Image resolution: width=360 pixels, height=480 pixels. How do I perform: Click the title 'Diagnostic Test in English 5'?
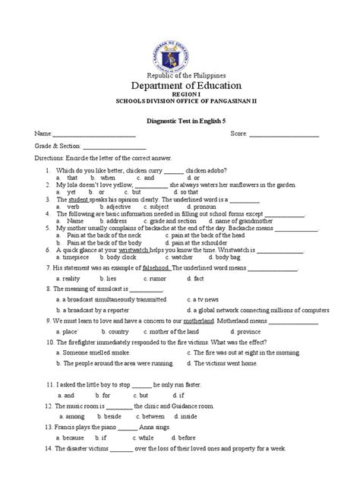[x=179, y=119]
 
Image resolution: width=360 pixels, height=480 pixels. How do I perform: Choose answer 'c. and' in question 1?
[x=144, y=177]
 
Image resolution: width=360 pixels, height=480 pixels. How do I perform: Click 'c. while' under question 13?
[x=146, y=437]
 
